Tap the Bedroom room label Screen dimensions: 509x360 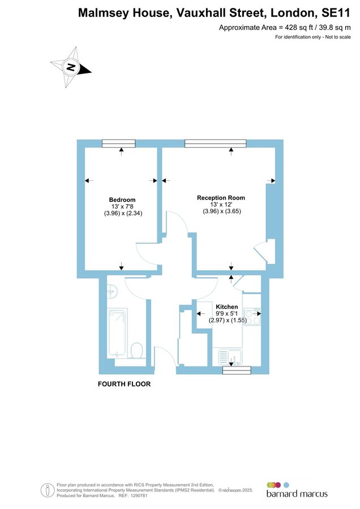pyautogui.click(x=122, y=200)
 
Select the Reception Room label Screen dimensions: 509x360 pyautogui.click(x=221, y=197)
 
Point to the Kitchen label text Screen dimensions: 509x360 pyautogui.click(x=226, y=307)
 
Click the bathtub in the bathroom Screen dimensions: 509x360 pyautogui.click(x=118, y=332)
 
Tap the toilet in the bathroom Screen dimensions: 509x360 pyautogui.click(x=136, y=351)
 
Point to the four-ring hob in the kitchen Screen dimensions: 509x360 pyautogui.click(x=252, y=317)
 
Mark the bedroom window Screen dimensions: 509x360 pyautogui.click(x=119, y=144)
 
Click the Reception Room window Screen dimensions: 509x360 pyautogui.click(x=216, y=144)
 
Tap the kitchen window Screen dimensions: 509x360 pyautogui.click(x=237, y=370)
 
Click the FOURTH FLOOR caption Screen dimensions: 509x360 pyautogui.click(x=125, y=384)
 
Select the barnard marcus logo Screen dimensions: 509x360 pyautogui.click(x=297, y=489)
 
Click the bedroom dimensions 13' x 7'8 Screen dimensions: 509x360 pyautogui.click(x=122, y=206)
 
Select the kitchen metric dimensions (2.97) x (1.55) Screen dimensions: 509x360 pyautogui.click(x=226, y=320)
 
